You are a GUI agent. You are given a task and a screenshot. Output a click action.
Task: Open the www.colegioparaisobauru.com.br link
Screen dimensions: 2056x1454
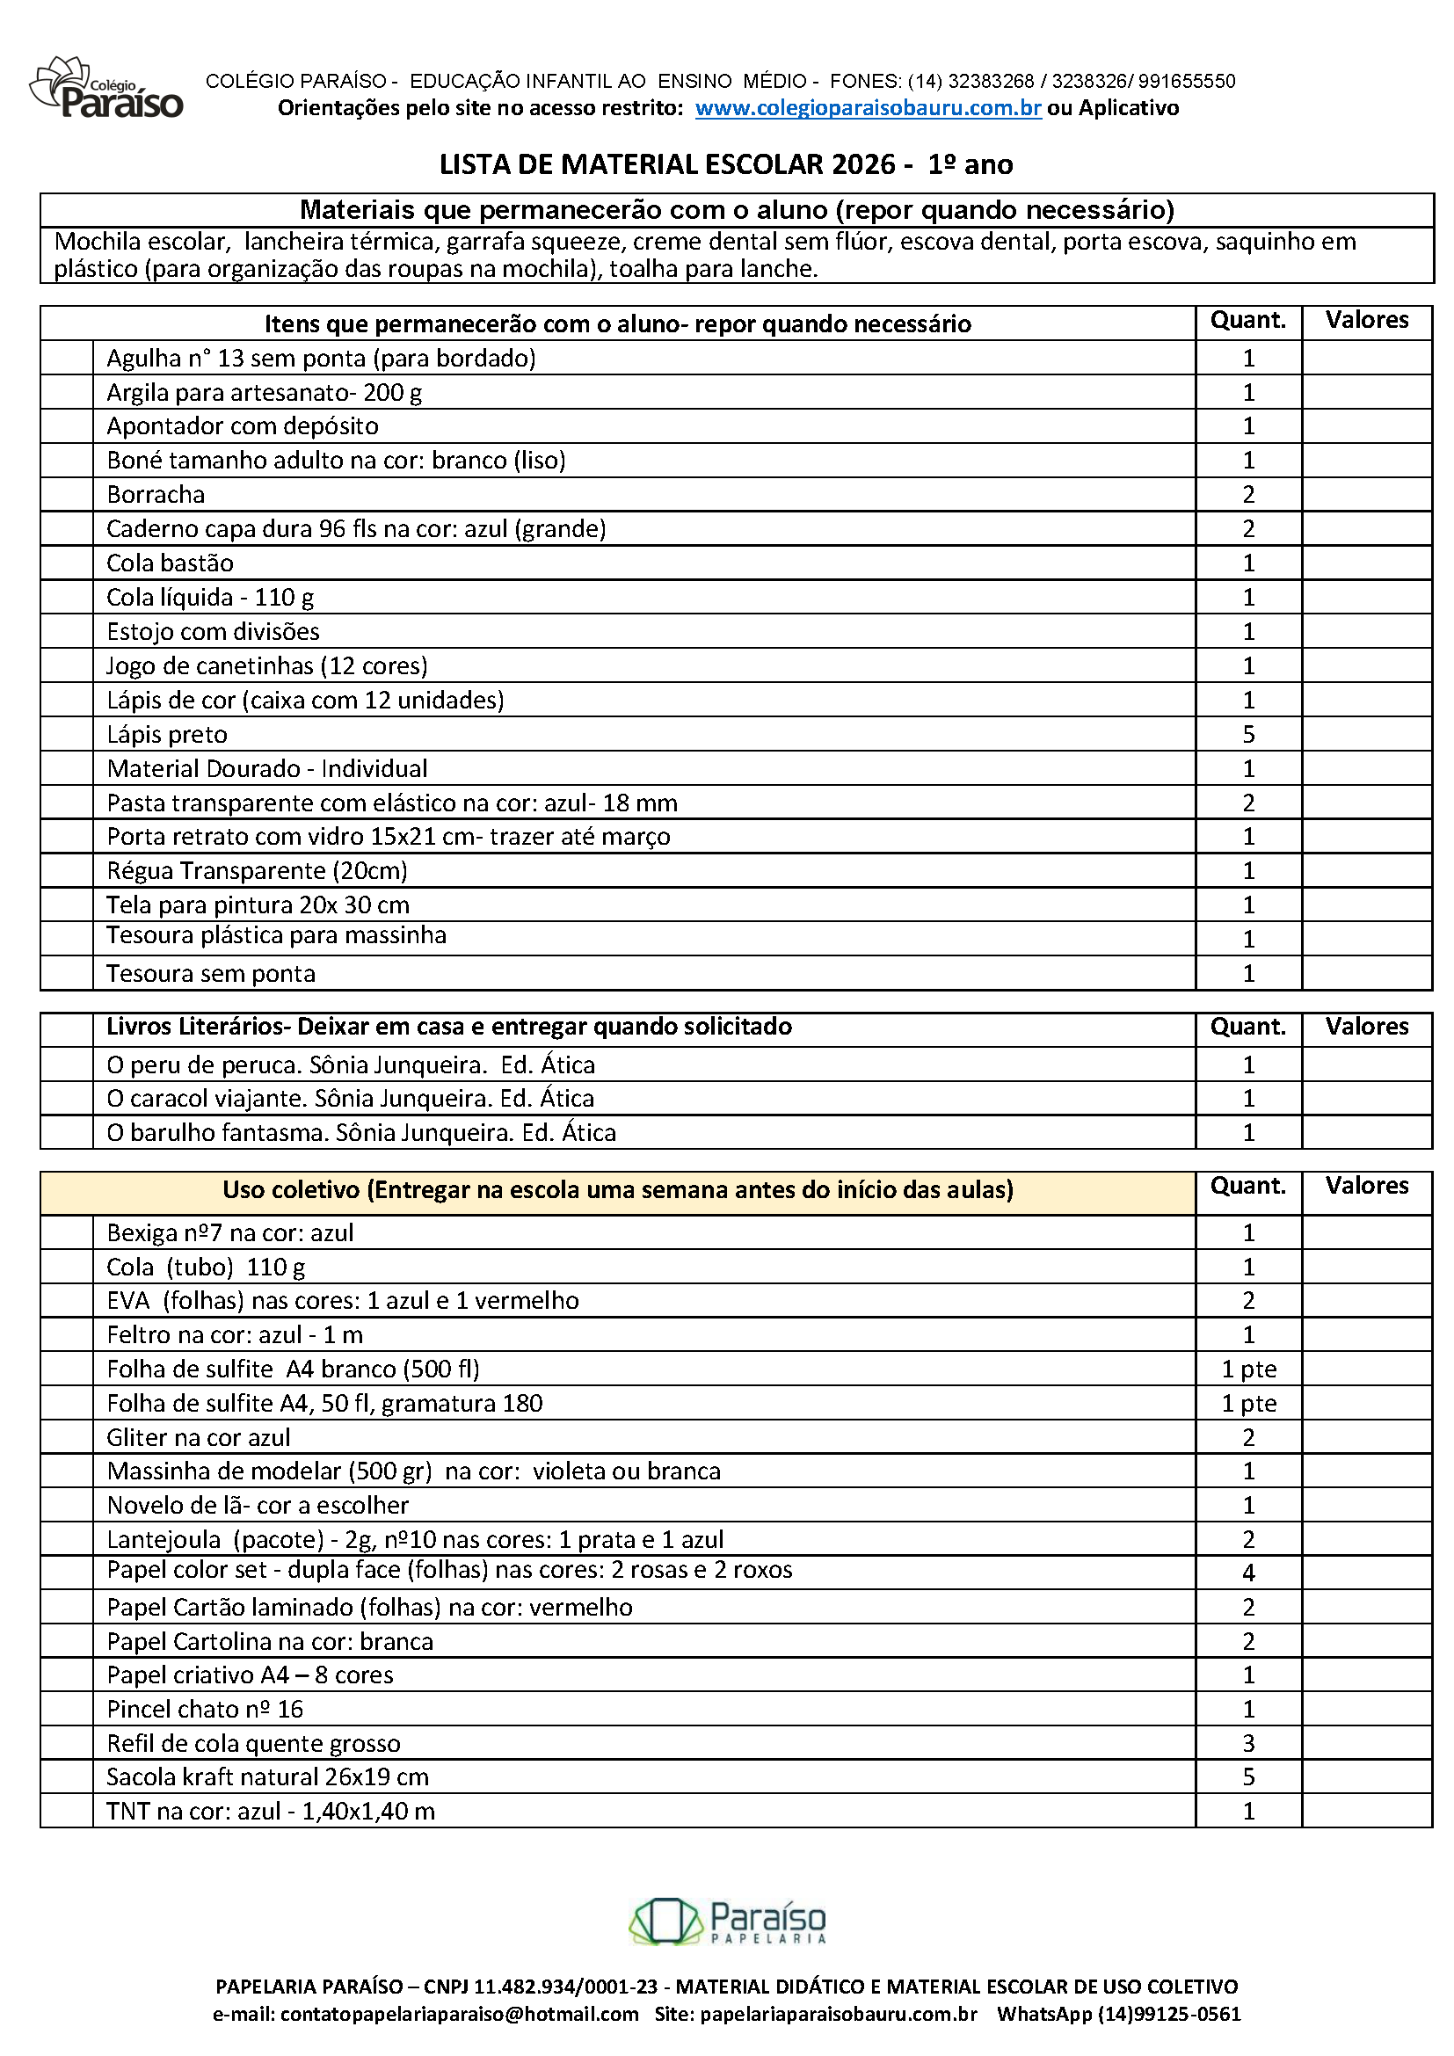868,108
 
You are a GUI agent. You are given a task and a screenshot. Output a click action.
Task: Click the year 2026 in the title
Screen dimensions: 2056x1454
862,164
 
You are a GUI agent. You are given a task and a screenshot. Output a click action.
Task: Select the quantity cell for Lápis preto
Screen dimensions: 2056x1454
1248,734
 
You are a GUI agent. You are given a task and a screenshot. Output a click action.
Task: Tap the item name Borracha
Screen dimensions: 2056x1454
156,494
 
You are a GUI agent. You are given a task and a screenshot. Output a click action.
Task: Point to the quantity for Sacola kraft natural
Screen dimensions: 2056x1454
1248,1776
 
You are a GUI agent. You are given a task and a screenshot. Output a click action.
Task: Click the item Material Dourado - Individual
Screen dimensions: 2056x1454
267,768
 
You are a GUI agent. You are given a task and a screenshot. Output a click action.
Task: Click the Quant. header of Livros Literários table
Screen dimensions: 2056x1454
1248,1026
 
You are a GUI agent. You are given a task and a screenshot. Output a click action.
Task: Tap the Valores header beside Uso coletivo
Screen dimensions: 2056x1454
1366,1186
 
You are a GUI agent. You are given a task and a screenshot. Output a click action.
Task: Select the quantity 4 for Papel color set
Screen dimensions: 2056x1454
1248,1573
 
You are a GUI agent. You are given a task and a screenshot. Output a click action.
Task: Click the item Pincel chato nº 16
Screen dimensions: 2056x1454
205,1709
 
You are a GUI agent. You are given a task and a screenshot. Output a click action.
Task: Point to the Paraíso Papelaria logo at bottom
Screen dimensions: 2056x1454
727,1922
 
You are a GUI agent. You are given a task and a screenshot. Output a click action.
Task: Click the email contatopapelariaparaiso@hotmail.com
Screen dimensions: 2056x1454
459,2015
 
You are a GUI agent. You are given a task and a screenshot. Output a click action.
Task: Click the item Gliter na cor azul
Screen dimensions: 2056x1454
199,1437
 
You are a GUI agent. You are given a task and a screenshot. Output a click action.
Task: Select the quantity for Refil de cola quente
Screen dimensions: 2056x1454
1248,1742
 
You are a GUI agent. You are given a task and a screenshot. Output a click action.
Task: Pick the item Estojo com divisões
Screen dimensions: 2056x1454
213,631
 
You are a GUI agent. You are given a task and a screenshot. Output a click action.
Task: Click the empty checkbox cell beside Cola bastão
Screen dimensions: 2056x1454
67,563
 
